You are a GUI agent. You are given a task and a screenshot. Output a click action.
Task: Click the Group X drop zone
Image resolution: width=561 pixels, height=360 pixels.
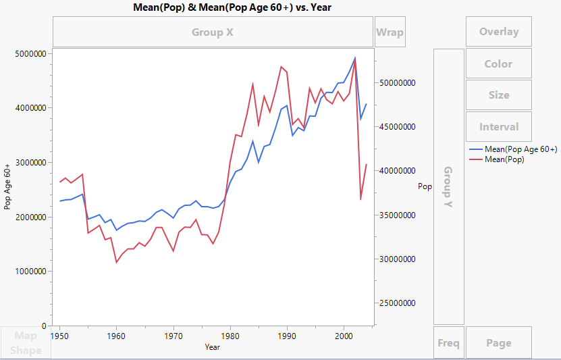[213, 32]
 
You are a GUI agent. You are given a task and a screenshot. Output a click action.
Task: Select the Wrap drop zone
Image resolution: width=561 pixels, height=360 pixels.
[390, 32]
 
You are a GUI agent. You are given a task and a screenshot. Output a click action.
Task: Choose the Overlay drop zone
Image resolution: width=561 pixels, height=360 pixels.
[498, 32]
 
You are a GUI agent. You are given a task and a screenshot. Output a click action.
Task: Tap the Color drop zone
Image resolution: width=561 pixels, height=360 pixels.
[498, 63]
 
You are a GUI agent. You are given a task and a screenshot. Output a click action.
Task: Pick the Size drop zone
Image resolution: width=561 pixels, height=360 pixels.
[498, 95]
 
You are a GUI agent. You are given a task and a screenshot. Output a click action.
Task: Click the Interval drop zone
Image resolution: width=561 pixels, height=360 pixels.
[498, 126]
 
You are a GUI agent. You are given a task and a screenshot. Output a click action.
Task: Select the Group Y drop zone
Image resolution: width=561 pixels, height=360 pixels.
[448, 186]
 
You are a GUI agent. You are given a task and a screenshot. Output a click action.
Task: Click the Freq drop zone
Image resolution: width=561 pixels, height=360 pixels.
[448, 342]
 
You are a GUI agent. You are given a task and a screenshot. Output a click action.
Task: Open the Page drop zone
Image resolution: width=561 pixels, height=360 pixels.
[498, 342]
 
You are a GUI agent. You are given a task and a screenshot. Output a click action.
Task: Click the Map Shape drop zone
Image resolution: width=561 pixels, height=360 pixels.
[26, 342]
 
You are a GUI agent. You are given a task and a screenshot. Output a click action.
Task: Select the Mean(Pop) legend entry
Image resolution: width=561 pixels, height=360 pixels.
[504, 159]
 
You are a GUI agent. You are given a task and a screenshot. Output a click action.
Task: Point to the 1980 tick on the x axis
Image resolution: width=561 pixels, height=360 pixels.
[230, 334]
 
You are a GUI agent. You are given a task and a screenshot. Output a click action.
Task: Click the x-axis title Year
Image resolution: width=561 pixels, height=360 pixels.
[212, 346]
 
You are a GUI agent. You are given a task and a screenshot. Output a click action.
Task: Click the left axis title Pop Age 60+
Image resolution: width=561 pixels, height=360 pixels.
[8, 186]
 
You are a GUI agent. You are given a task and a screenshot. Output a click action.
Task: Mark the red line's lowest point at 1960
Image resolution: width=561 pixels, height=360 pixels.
[116, 262]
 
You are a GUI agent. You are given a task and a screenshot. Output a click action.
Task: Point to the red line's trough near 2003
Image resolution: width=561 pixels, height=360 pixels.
[360, 199]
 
